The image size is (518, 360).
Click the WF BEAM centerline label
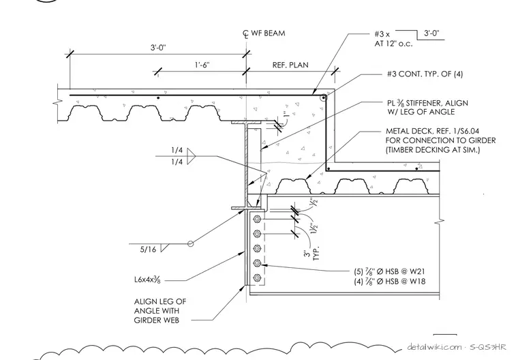click(x=264, y=33)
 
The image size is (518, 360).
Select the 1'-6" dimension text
click(x=202, y=65)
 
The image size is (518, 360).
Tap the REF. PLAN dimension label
click(x=290, y=65)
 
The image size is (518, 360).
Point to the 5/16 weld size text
click(x=148, y=250)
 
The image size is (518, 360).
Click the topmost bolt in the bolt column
click(x=257, y=219)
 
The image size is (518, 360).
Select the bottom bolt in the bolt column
click(x=257, y=277)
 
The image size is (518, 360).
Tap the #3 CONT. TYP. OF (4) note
click(x=425, y=74)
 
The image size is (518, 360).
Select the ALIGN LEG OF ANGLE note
click(x=160, y=311)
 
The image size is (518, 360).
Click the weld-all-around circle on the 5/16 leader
click(x=190, y=244)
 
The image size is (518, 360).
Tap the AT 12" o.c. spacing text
click(x=393, y=44)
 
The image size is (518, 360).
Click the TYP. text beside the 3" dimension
click(x=317, y=253)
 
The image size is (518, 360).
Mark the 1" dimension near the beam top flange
click(x=286, y=114)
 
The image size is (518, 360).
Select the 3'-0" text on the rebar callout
click(x=431, y=33)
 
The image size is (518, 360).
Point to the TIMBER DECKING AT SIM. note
click(x=433, y=150)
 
